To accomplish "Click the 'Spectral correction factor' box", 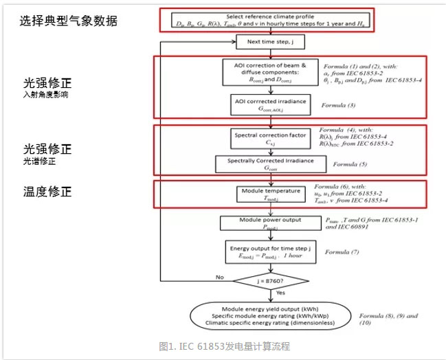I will (x=272, y=139).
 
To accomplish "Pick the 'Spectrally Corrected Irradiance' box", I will (x=271, y=164).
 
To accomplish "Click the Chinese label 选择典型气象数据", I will (x=69, y=21).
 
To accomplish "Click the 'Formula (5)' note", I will (x=351, y=166).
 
